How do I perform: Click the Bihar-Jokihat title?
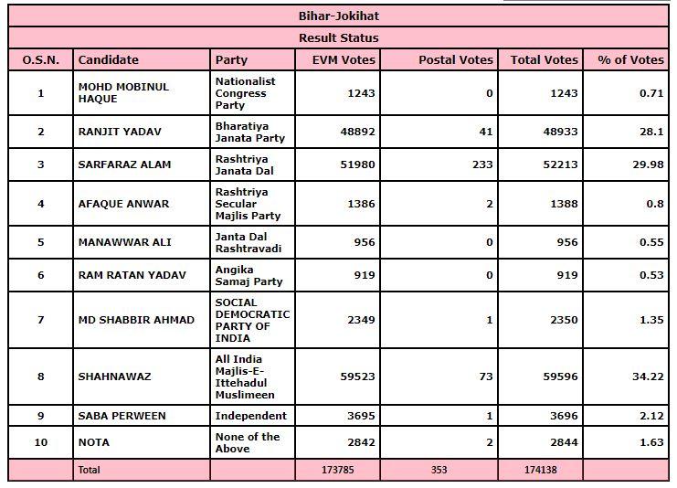click(x=338, y=16)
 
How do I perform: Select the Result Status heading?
click(x=338, y=37)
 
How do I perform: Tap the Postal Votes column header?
click(x=455, y=59)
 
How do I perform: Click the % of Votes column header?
click(x=630, y=59)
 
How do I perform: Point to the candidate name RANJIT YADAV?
click(x=120, y=132)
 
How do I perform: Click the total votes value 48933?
click(x=558, y=132)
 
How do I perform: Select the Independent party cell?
click(x=250, y=416)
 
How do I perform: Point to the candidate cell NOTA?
click(x=93, y=443)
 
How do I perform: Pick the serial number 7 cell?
click(x=40, y=320)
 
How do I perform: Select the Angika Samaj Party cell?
click(x=249, y=275)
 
